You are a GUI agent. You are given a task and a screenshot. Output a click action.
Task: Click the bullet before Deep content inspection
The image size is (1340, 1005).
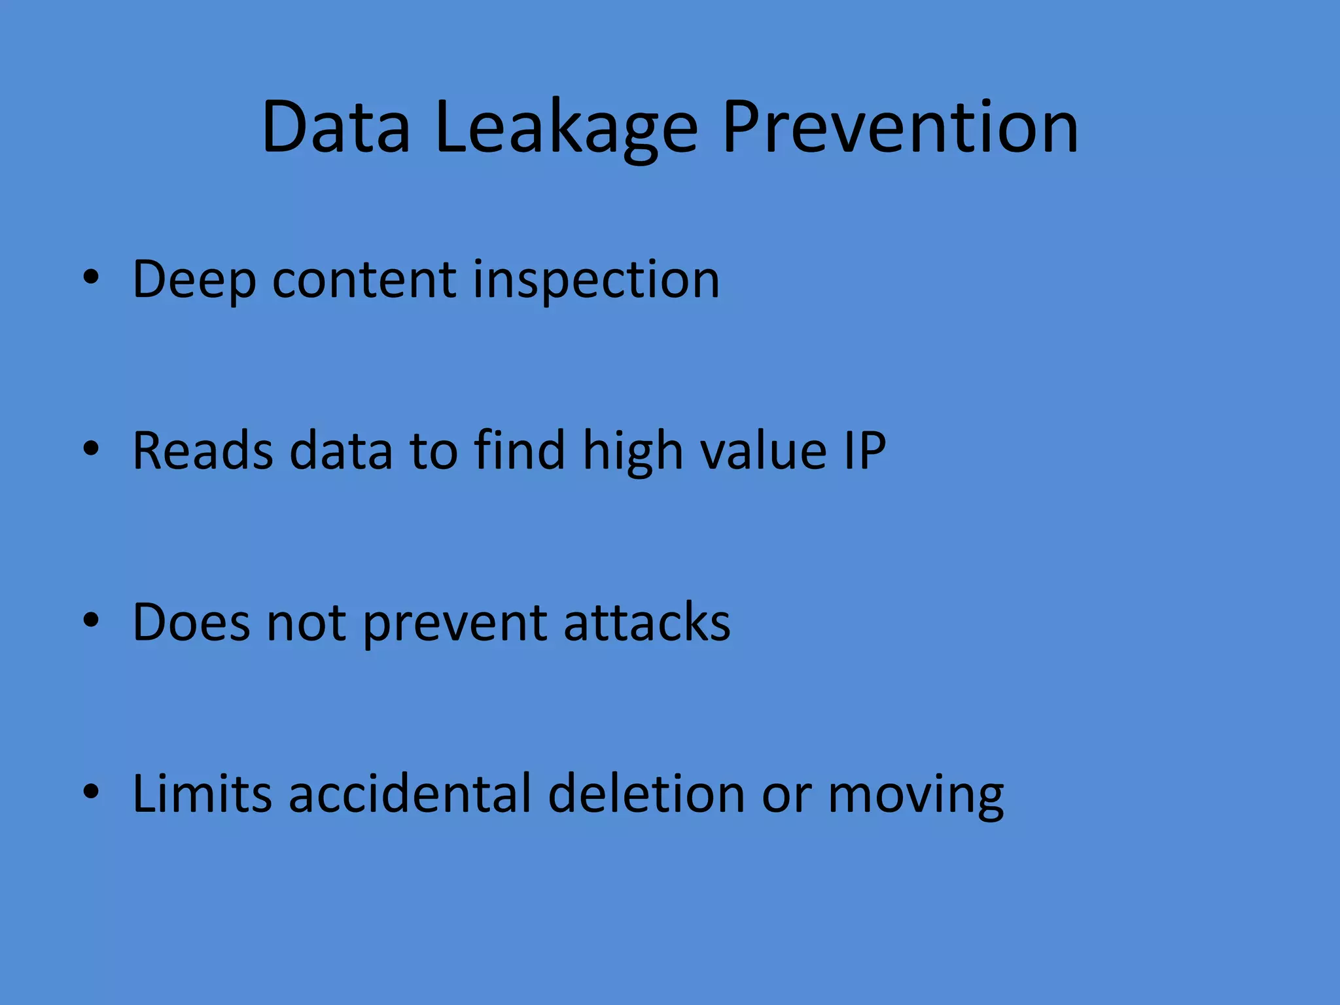click(x=91, y=277)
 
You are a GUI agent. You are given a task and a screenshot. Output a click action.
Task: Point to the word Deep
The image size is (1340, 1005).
click(x=194, y=280)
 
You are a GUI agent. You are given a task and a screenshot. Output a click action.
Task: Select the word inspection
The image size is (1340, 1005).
click(x=596, y=280)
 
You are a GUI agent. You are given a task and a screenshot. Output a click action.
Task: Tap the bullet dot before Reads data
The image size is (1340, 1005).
click(x=91, y=448)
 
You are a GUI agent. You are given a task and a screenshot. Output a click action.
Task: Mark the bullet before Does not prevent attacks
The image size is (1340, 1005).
click(x=91, y=620)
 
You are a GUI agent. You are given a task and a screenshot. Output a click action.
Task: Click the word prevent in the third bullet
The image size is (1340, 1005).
click(x=455, y=623)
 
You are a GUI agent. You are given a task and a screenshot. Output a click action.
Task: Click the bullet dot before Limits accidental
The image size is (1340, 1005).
click(x=91, y=791)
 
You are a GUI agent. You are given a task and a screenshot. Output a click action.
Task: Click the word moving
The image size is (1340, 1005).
click(x=915, y=794)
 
